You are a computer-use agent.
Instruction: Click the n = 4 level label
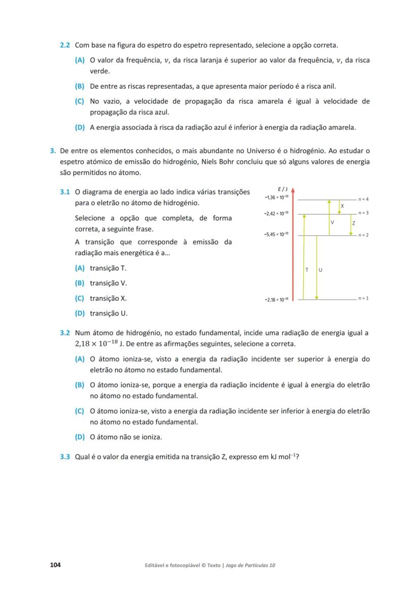pos(363,199)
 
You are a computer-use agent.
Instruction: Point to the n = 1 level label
pos(363,298)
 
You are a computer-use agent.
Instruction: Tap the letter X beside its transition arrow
pos(342,206)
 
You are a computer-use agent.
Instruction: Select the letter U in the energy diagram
pos(321,269)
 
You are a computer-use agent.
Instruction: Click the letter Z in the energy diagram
pos(354,223)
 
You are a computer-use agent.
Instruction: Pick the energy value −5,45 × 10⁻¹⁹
pos(276,234)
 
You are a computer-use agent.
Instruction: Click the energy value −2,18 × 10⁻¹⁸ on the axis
pos(276,300)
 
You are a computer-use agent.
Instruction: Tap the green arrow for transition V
pos(330,218)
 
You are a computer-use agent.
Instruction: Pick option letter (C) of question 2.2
pos(80,101)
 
